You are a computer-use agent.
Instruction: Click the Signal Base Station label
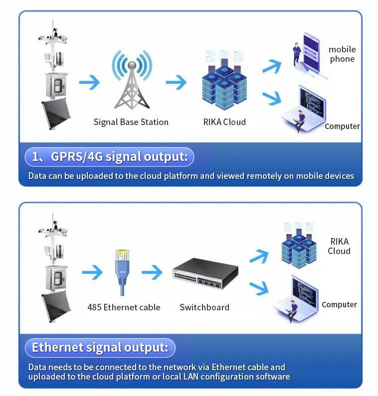coord(131,122)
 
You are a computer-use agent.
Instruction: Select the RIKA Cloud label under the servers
coord(224,122)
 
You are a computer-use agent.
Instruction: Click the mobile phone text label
coord(342,54)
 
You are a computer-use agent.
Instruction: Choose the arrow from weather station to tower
coord(89,82)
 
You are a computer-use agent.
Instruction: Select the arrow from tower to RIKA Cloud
coord(176,82)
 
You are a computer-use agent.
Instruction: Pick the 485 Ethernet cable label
coord(124,307)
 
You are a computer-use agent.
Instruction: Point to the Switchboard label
coord(204,307)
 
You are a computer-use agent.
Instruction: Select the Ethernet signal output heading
coord(100,347)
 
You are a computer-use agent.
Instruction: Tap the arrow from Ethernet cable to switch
coord(152,272)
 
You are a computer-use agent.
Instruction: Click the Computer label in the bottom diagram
coord(339,304)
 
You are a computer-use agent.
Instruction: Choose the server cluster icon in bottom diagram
coord(298,247)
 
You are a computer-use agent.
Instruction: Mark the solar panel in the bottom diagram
coord(56,306)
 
